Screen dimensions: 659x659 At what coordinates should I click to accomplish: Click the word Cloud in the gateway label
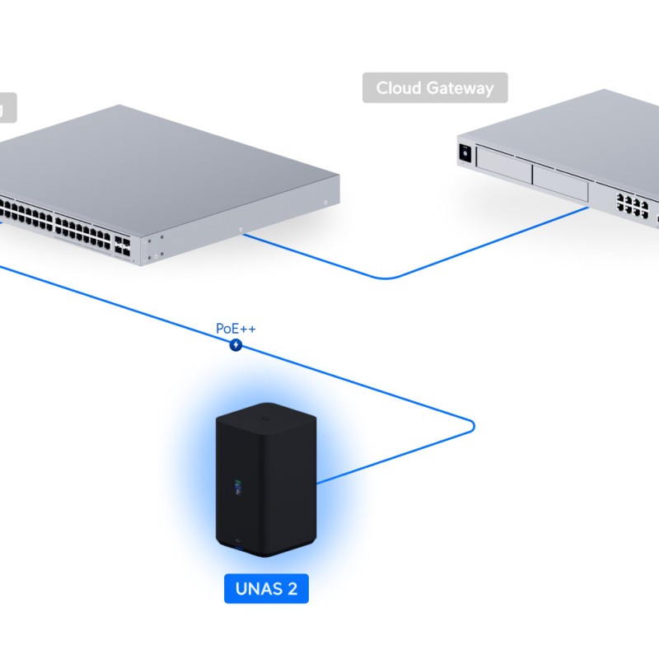(x=399, y=88)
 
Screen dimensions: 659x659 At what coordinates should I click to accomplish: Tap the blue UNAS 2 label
(x=266, y=589)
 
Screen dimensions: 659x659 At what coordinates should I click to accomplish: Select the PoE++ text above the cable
(x=236, y=329)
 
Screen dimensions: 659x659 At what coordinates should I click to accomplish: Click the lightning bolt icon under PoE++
(x=236, y=344)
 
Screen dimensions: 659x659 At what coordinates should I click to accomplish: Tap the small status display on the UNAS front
(x=238, y=487)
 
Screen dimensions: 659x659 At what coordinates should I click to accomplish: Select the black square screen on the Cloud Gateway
(x=465, y=153)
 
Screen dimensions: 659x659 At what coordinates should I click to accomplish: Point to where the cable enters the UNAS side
(x=318, y=482)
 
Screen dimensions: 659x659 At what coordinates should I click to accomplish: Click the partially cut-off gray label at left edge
(x=7, y=107)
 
